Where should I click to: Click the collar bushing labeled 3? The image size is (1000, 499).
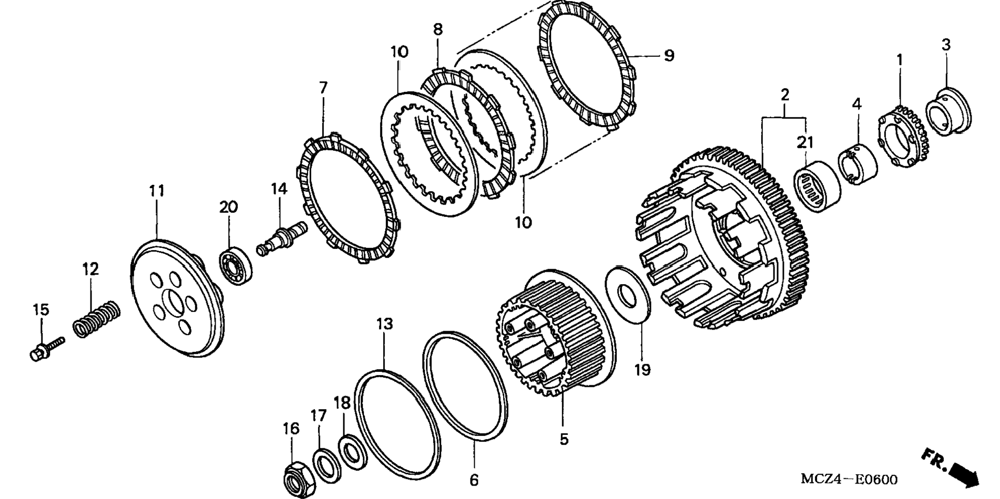(948, 113)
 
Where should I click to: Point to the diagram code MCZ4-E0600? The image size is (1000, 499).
(849, 479)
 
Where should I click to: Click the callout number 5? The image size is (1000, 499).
(564, 439)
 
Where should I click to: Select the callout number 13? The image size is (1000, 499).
(384, 324)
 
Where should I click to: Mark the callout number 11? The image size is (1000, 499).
(157, 191)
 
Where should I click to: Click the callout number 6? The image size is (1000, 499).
(474, 480)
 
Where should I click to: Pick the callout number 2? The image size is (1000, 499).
(784, 95)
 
